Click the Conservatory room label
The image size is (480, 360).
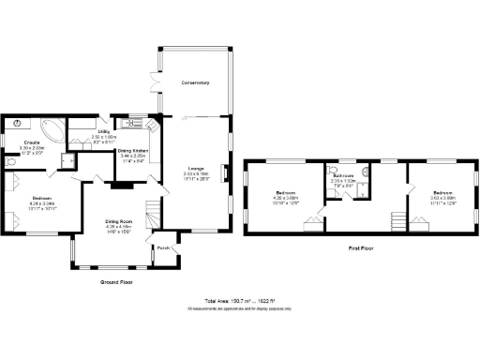[195, 84]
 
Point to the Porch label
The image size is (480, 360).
[163, 248]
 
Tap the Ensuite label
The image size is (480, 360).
[31, 142]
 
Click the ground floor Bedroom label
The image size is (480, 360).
[42, 198]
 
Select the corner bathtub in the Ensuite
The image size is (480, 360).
[53, 128]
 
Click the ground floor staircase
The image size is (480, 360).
[153, 211]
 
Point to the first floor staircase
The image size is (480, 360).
[398, 222]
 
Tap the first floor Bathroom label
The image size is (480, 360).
[343, 175]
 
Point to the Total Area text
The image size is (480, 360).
[239, 302]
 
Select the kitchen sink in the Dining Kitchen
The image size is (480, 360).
[134, 122]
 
